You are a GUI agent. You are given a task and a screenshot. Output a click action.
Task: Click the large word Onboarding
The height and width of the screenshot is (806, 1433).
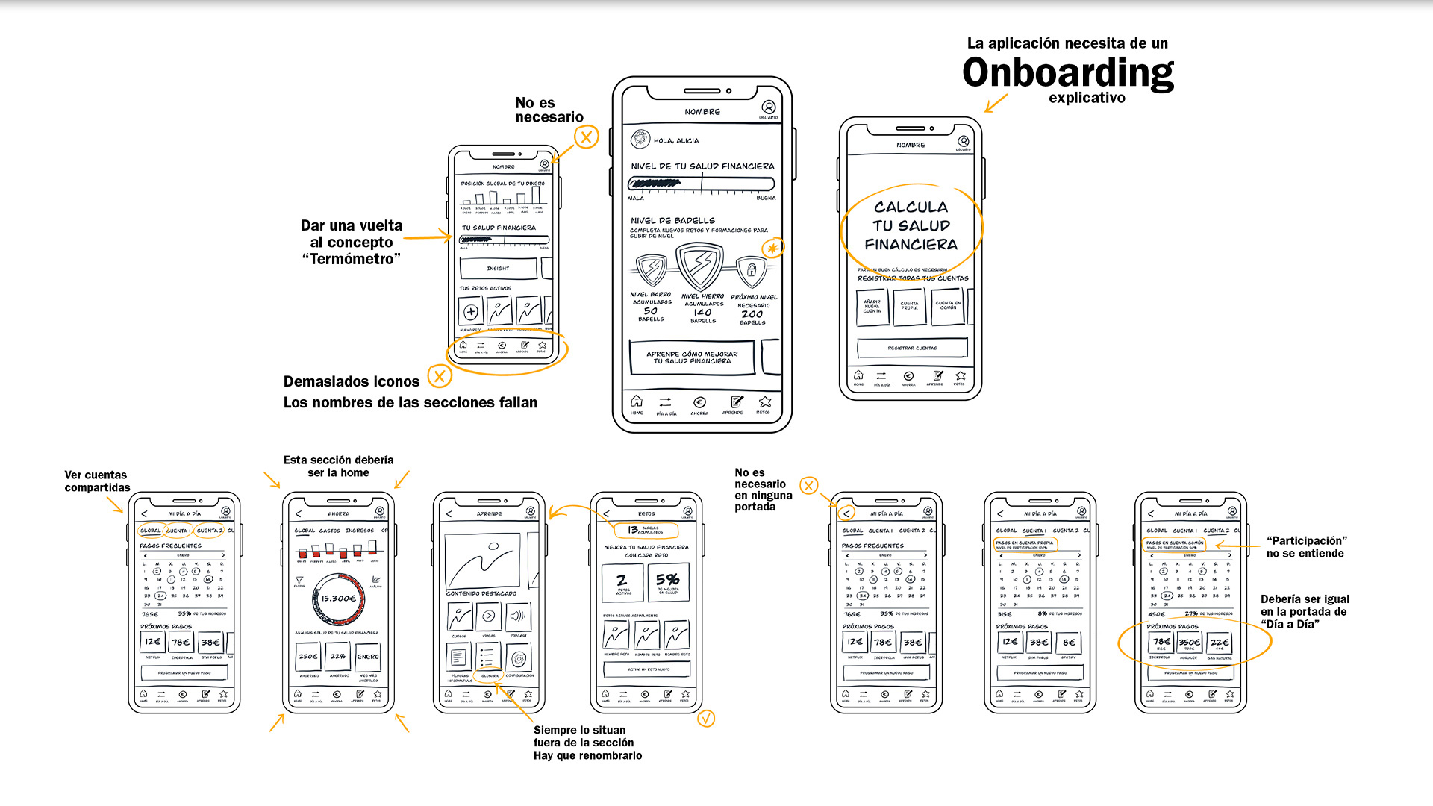(x=1067, y=73)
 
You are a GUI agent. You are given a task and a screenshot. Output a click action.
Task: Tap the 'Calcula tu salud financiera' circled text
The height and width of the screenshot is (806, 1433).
(x=911, y=225)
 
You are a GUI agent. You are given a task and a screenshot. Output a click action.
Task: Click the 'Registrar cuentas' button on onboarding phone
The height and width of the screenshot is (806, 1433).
(x=912, y=348)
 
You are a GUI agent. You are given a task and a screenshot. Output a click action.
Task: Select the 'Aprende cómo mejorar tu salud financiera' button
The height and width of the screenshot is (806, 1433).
(x=692, y=357)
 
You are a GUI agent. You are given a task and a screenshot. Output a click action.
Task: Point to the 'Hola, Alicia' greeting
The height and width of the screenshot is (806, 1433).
(x=676, y=140)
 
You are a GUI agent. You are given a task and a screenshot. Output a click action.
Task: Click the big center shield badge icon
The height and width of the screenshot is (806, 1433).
(x=699, y=266)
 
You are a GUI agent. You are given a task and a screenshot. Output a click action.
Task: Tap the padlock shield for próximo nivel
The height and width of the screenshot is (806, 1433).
(x=752, y=270)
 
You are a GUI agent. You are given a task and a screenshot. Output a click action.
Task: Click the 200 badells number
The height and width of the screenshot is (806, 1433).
(x=752, y=314)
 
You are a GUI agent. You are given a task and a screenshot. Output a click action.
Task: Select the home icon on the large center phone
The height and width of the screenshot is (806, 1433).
(x=636, y=402)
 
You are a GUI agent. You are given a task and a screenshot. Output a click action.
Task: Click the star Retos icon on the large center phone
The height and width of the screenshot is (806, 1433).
(x=764, y=402)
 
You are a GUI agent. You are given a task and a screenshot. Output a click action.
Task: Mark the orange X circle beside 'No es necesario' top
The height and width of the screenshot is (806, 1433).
(x=587, y=137)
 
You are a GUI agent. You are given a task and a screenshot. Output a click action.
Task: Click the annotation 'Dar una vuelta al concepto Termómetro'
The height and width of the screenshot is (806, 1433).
(x=352, y=242)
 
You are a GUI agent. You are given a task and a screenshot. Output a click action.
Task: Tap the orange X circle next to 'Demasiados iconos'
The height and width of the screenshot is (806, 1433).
(x=440, y=376)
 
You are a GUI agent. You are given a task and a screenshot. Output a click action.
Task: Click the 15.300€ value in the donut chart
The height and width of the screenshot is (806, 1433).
(x=338, y=599)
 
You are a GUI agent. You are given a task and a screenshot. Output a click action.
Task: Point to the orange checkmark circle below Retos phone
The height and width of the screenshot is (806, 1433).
(x=706, y=718)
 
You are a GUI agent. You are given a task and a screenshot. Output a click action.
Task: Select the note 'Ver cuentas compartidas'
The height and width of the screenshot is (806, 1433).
(x=97, y=481)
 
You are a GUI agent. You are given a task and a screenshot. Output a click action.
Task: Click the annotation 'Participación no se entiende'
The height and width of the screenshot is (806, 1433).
(x=1305, y=547)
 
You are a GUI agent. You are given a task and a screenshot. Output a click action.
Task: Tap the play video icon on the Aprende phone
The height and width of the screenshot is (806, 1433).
(x=488, y=616)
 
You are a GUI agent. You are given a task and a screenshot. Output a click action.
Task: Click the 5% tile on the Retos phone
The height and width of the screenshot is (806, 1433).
(x=667, y=581)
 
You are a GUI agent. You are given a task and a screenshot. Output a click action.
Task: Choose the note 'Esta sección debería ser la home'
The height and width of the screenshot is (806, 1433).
(x=338, y=466)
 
